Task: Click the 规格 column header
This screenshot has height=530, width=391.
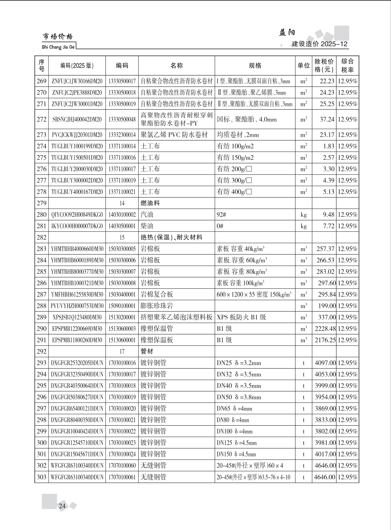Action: pyautogui.click(x=255, y=66)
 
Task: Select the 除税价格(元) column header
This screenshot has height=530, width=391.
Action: pyautogui.click(x=324, y=66)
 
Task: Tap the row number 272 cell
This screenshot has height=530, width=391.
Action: pyautogui.click(x=42, y=119)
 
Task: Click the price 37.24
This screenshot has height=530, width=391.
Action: pyautogui.click(x=327, y=119)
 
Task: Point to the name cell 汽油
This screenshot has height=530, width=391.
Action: pyautogui.click(x=147, y=215)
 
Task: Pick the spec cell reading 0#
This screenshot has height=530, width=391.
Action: pyautogui.click(x=220, y=226)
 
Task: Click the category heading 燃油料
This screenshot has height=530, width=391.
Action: pyautogui.click(x=150, y=203)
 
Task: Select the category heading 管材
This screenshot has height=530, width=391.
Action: pyautogui.click(x=147, y=351)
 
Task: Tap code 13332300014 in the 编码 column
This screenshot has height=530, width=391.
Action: pyautogui.click(x=122, y=135)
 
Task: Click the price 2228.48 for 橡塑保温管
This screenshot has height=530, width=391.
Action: pyautogui.click(x=325, y=329)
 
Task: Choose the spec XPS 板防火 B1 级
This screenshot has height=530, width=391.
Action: pyautogui.click(x=241, y=317)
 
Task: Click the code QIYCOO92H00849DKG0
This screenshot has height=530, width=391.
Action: pyautogui.click(x=77, y=215)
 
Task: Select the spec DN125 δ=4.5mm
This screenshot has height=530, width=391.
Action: pyautogui.click(x=236, y=443)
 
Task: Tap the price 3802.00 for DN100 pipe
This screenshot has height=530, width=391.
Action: pyautogui.click(x=325, y=431)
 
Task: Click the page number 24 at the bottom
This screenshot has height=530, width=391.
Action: pyautogui.click(x=62, y=506)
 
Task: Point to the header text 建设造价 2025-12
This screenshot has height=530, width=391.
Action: pyautogui.click(x=320, y=44)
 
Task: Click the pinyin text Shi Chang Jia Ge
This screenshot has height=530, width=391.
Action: pyautogui.click(x=58, y=47)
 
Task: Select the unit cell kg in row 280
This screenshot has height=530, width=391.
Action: pyautogui.click(x=303, y=215)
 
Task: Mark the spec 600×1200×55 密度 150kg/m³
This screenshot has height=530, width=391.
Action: pyautogui.click(x=254, y=295)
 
